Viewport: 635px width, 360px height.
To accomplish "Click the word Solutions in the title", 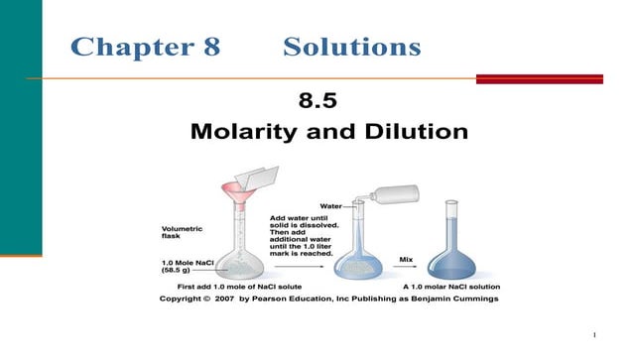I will click(x=352, y=46).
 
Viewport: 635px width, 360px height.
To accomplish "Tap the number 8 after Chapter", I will click(x=211, y=46).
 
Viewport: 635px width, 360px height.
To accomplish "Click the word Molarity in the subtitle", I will click(x=246, y=130).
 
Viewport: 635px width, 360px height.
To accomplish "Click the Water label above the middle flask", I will click(x=330, y=206).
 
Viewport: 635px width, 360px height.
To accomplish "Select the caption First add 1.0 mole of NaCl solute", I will click(x=248, y=286).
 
